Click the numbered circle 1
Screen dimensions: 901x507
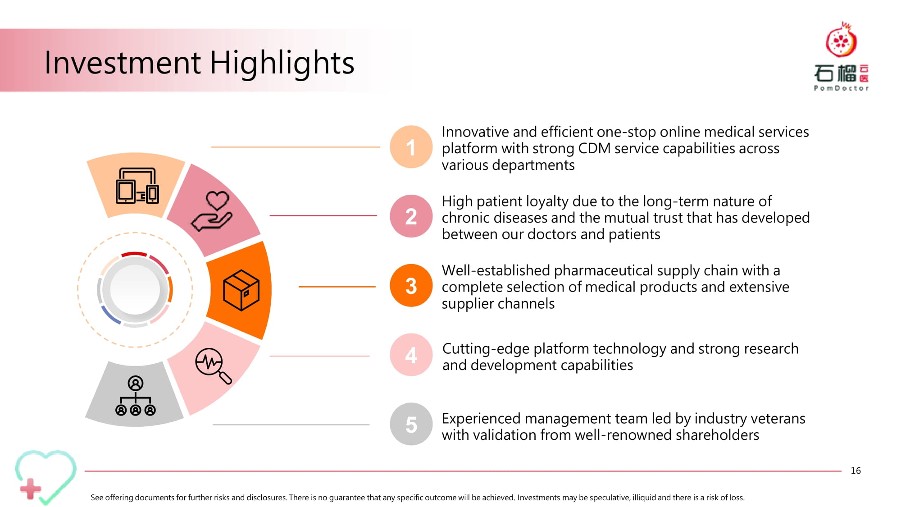(411, 147)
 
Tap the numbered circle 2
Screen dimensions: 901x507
(411, 216)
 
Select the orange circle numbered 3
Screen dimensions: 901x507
(411, 286)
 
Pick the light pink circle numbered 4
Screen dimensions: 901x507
(411, 355)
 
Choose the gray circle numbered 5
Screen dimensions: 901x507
(411, 424)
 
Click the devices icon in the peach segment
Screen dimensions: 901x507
(137, 186)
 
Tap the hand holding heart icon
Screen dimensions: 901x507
(212, 211)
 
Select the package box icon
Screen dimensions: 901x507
(241, 290)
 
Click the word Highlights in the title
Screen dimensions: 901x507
(282, 63)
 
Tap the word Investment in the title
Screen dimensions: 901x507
(123, 63)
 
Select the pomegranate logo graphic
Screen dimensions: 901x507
(841, 39)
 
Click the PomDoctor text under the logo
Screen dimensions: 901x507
(841, 88)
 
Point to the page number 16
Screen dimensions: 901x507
(855, 471)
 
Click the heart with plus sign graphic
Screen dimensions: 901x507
(45, 477)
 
